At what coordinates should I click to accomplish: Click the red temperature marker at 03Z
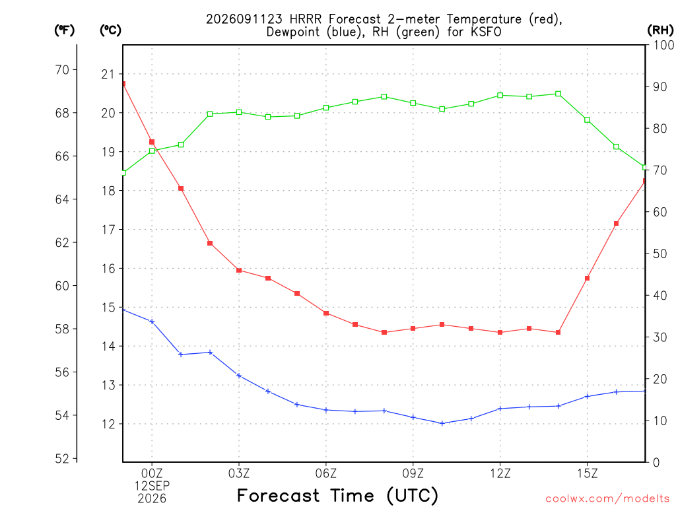click(239, 270)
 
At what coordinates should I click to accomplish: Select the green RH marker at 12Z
click(500, 95)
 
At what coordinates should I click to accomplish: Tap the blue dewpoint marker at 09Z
click(413, 417)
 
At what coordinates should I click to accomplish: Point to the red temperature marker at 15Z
click(587, 279)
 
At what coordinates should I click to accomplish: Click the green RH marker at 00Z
click(152, 151)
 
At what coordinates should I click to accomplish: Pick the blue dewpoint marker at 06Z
click(326, 410)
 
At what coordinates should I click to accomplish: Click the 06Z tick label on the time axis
click(326, 473)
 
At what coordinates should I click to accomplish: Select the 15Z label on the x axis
click(587, 473)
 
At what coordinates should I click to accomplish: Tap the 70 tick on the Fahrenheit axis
click(62, 69)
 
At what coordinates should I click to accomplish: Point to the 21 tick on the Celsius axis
click(108, 74)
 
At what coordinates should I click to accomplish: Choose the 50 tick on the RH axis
click(660, 253)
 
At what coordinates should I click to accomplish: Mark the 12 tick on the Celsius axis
click(108, 424)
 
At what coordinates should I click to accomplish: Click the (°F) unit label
click(64, 30)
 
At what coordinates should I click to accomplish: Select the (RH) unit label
click(660, 30)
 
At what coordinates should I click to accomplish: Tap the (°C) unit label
click(110, 30)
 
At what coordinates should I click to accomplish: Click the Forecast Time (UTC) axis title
click(337, 496)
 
